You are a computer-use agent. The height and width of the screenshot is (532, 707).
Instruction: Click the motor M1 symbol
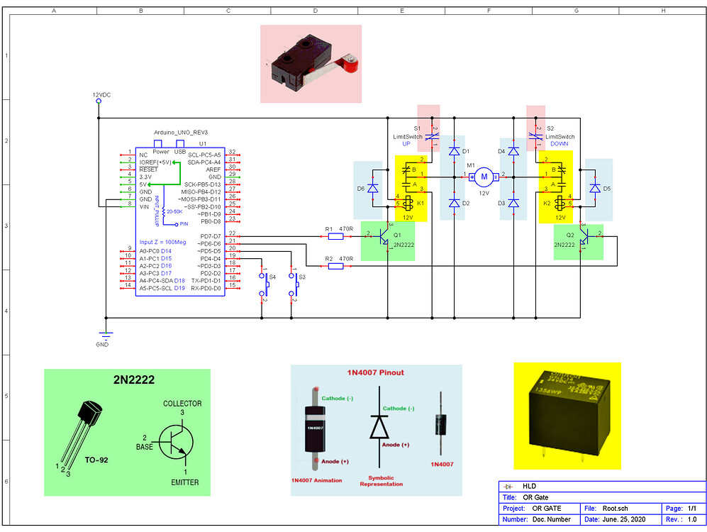point(484,175)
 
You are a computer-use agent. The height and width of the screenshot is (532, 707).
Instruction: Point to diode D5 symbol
point(595,188)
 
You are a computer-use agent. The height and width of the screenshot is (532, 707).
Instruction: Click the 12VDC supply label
point(101,94)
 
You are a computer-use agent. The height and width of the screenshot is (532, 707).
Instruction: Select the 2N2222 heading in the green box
point(133,379)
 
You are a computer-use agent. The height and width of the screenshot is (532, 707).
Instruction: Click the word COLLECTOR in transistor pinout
point(182,404)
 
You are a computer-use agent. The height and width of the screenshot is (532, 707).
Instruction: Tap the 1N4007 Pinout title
point(377,372)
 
